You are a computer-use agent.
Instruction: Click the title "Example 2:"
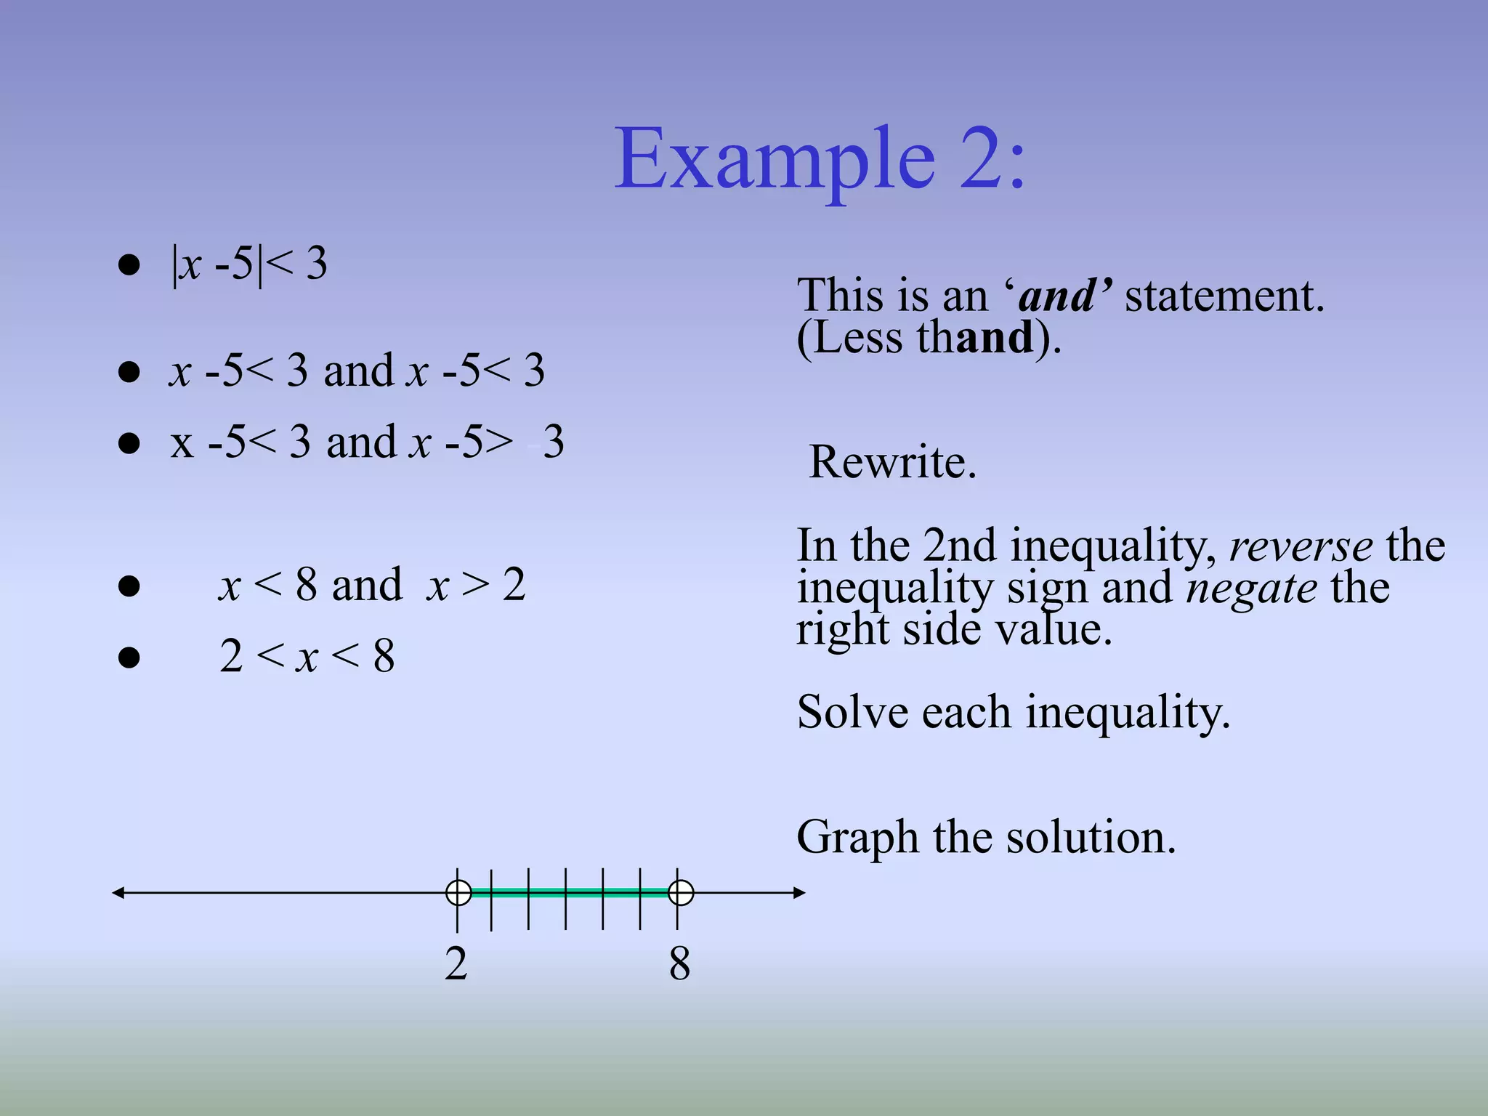[x=820, y=158]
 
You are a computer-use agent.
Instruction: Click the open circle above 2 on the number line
[x=458, y=892]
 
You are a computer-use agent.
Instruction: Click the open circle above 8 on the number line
[x=681, y=892]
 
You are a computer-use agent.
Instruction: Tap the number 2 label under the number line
[x=456, y=964]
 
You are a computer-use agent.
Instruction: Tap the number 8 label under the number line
[x=679, y=964]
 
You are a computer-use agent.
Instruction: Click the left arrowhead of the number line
[x=118, y=892]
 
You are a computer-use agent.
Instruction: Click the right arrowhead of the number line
[x=799, y=892]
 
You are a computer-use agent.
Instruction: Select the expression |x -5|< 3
[x=249, y=264]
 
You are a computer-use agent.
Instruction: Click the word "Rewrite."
[x=892, y=462]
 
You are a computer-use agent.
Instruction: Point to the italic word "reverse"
[x=1301, y=546]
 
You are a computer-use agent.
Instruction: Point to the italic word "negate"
[x=1251, y=588]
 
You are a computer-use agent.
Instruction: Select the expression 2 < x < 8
[x=307, y=656]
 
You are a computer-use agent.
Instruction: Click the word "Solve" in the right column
[x=852, y=712]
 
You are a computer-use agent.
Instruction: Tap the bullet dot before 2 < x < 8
[x=129, y=657]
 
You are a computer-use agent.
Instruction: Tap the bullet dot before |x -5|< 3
[x=129, y=264]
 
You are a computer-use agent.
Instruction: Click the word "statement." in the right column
[x=1224, y=296]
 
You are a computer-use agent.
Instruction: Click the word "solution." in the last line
[x=1090, y=837]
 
